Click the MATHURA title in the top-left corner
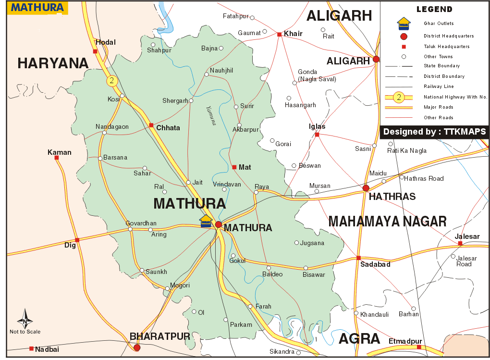[37, 8]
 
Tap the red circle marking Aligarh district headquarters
[376, 59]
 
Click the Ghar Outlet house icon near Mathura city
[206, 221]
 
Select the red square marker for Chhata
[151, 125]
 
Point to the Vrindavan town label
[227, 184]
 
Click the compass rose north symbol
[25, 320]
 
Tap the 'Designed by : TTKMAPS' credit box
[434, 132]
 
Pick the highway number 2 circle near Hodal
[112, 81]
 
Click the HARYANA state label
[53, 63]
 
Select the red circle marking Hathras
[366, 188]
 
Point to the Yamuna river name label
[211, 115]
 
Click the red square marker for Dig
[77, 239]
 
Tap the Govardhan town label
[141, 223]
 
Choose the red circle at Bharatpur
[137, 348]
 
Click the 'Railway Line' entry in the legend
[438, 87]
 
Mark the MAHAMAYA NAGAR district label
[387, 221]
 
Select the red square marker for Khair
[279, 34]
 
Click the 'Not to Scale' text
[25, 332]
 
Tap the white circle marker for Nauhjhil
[207, 74]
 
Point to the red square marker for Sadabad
[358, 258]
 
